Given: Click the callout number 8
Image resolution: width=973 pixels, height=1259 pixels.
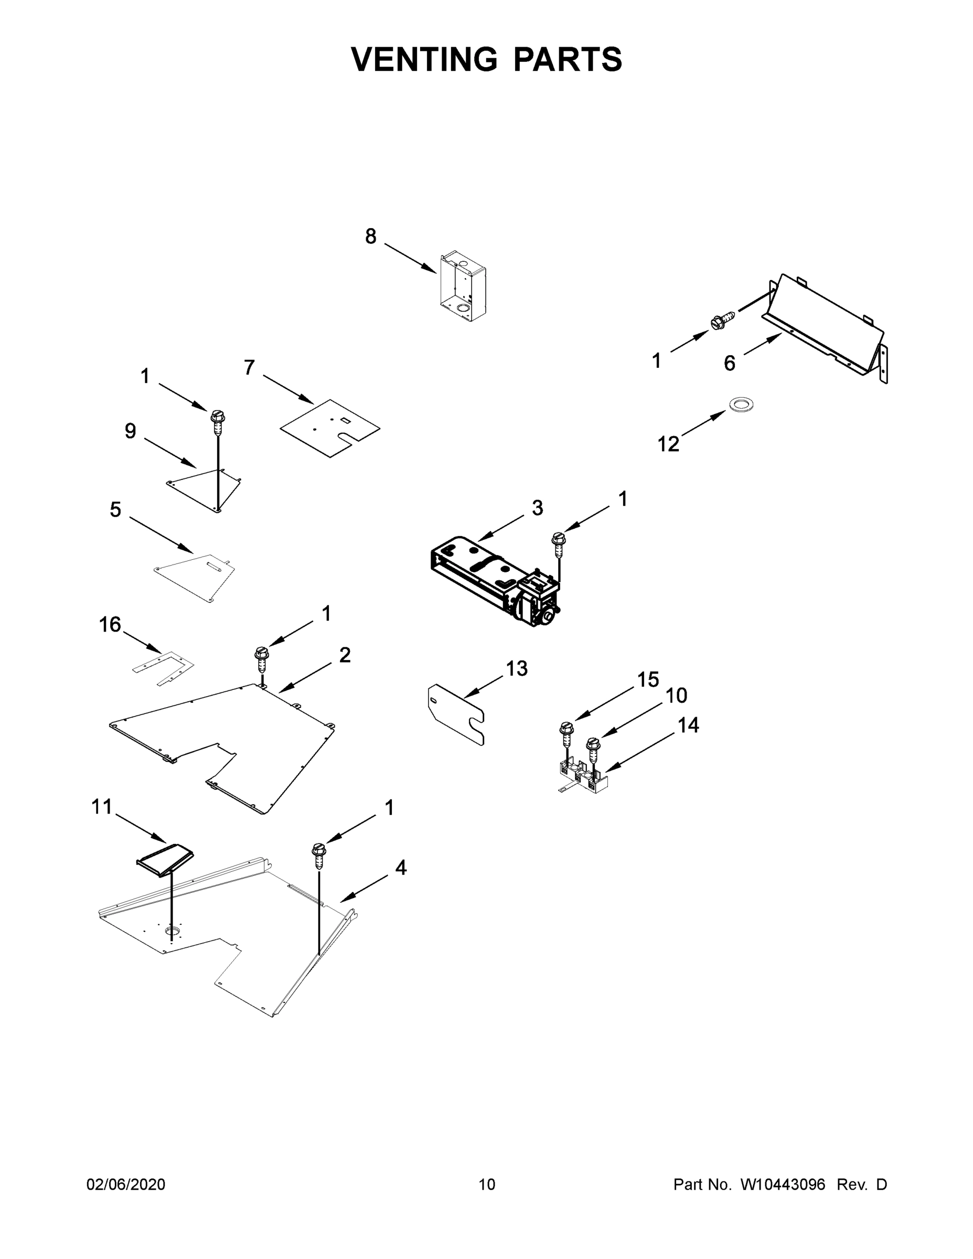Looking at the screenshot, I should (371, 237).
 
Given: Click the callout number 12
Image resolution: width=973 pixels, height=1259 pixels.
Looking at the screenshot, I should (668, 444).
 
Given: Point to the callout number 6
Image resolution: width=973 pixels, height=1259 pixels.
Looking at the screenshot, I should (729, 363).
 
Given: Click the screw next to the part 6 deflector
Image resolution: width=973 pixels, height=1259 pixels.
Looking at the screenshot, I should (723, 321).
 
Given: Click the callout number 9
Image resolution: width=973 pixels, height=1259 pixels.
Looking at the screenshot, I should (130, 431).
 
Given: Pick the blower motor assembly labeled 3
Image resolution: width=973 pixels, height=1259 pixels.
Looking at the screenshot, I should (496, 582).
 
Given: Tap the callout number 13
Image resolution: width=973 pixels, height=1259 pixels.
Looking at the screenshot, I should (517, 669).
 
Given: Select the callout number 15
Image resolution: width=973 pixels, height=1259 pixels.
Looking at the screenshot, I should (648, 680).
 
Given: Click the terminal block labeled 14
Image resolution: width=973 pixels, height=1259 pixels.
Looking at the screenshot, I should (582, 777).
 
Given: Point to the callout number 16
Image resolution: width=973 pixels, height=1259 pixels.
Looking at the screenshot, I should (110, 624).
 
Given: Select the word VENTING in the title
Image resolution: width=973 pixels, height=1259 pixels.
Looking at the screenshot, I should (424, 59).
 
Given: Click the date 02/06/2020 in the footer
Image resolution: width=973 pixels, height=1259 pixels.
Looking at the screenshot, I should (126, 1184).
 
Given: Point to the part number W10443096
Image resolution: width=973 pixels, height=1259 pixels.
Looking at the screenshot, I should (783, 1184).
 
